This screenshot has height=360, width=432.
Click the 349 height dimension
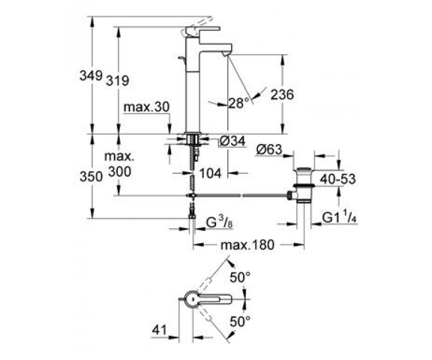click(x=91, y=75)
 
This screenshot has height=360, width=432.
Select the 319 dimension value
click(x=117, y=81)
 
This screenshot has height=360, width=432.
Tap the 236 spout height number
click(x=282, y=95)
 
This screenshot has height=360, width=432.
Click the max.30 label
click(x=146, y=107)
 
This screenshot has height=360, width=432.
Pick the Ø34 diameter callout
click(x=233, y=142)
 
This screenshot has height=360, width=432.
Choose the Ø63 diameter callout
click(x=270, y=150)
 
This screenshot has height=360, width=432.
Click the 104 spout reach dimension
click(x=210, y=173)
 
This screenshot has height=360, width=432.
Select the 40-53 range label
click(x=338, y=179)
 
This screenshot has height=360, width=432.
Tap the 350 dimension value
click(x=91, y=177)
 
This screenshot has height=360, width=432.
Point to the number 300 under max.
click(x=120, y=172)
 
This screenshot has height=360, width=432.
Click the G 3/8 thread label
click(x=219, y=223)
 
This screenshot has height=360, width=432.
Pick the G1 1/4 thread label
click(x=340, y=218)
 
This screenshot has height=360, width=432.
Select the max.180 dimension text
click(x=248, y=245)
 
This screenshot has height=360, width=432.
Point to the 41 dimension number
click(x=160, y=330)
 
